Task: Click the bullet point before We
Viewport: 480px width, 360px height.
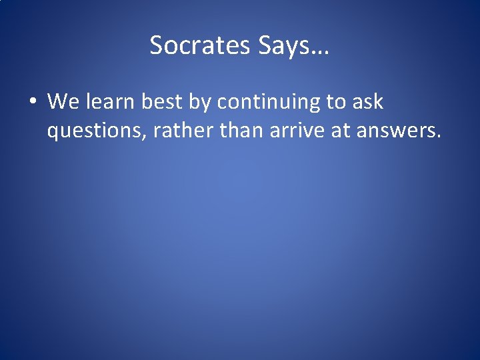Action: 32,102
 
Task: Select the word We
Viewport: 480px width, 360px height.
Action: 63,102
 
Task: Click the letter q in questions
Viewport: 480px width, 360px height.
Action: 53,134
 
